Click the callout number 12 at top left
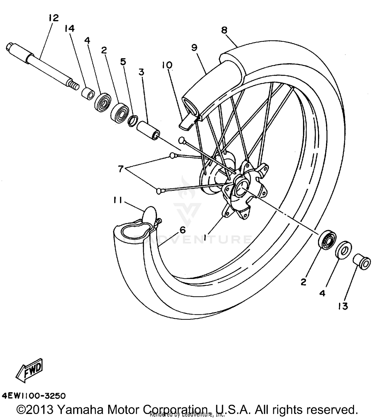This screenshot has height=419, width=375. (54, 18)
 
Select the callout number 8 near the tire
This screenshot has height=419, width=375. (224, 30)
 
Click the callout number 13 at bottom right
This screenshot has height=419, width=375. (343, 306)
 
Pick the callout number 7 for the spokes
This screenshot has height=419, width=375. (121, 169)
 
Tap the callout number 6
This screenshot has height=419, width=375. (182, 229)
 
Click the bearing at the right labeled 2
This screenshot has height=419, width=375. (327, 240)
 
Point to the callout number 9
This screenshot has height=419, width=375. (194, 47)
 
